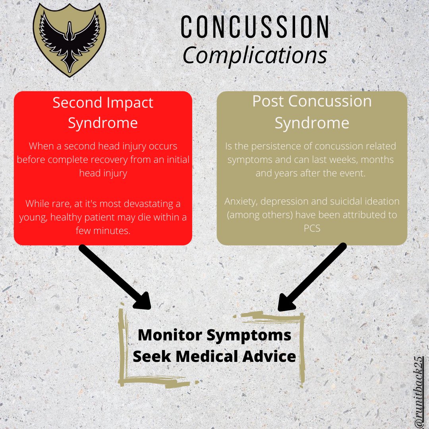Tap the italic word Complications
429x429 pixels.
(x=255, y=56)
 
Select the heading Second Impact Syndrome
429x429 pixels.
(x=103, y=113)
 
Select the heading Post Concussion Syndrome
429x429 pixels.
(x=312, y=112)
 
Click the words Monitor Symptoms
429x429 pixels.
(x=214, y=335)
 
